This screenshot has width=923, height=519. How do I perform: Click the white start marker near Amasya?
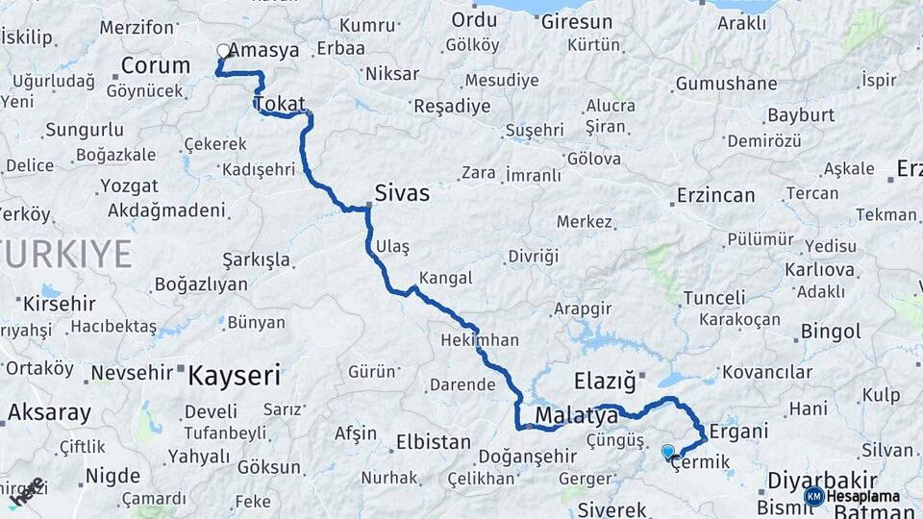pos(224,51)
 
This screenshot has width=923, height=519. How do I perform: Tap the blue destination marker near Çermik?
pos(668,450)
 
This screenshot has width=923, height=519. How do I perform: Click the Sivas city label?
pos(403,193)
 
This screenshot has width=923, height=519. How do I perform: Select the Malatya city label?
pos(576,416)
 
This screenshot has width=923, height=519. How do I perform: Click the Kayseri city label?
pos(234,375)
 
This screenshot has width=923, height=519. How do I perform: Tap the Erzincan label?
pos(715,195)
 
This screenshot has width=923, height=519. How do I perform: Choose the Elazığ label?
pos(605,382)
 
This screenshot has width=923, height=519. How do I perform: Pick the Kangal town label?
pos(446,278)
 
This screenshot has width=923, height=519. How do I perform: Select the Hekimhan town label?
pos(479,340)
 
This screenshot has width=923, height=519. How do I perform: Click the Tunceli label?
pos(714,298)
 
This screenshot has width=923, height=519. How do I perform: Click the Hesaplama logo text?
pos(863,497)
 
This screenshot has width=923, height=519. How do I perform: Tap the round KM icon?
pos(813,497)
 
